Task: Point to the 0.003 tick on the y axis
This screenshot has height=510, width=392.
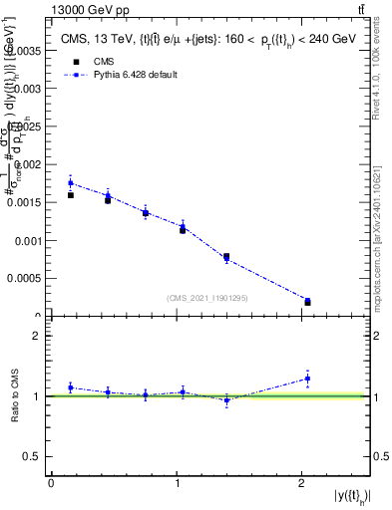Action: (27, 88)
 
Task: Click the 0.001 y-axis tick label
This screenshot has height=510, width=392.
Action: (27, 240)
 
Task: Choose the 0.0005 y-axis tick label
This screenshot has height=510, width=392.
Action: (24, 279)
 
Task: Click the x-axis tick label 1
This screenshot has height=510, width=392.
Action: (177, 483)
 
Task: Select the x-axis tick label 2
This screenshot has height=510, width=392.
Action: (302, 483)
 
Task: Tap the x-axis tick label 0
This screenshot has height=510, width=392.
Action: (51, 483)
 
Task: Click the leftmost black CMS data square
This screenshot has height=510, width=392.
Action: (71, 195)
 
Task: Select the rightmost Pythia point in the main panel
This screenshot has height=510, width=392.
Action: (307, 300)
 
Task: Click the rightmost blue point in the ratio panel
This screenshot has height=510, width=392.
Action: (307, 378)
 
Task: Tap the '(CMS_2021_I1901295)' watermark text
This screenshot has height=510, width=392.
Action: (208, 297)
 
